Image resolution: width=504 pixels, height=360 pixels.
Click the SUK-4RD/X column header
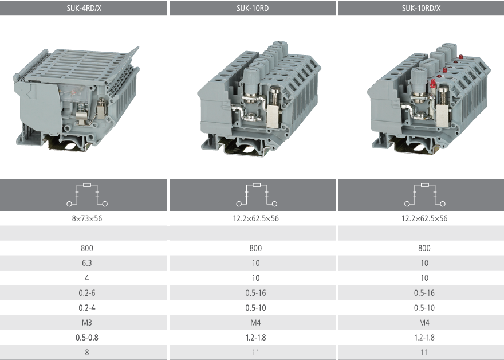click(84, 8)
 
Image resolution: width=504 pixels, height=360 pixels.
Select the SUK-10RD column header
click(253, 8)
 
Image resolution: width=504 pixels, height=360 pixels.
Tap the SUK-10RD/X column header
click(421, 8)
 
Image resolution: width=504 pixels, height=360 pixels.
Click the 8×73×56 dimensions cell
click(87, 218)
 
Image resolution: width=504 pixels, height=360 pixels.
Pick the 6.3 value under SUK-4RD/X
click(87, 263)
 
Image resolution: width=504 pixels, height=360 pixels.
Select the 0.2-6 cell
click(87, 293)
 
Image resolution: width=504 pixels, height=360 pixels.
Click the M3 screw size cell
click(87, 323)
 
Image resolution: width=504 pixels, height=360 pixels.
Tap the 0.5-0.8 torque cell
click(87, 338)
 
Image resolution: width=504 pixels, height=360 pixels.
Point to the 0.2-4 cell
click(87, 308)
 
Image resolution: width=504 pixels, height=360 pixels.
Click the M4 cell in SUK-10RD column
click(255, 323)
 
